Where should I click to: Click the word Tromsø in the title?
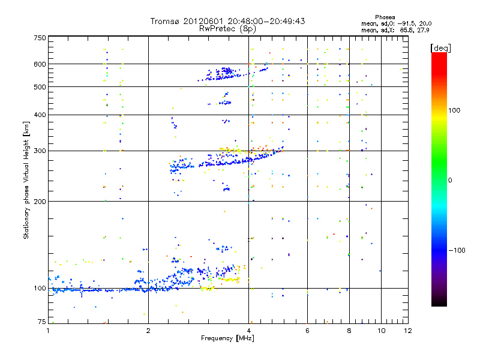167,21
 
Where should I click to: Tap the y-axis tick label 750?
40,38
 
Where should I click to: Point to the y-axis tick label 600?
40,64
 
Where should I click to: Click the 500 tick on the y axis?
40,87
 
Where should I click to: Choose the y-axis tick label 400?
40,115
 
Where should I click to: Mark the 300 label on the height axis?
40,151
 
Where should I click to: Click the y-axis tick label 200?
40,202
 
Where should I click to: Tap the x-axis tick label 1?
48,331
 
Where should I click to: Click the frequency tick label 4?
248,331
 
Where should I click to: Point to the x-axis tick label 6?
307,331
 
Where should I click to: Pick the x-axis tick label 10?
381,331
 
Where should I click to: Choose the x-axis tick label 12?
408,331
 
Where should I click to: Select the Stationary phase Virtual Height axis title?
26,180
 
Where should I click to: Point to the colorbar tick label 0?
451,180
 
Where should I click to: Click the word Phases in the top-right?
385,17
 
